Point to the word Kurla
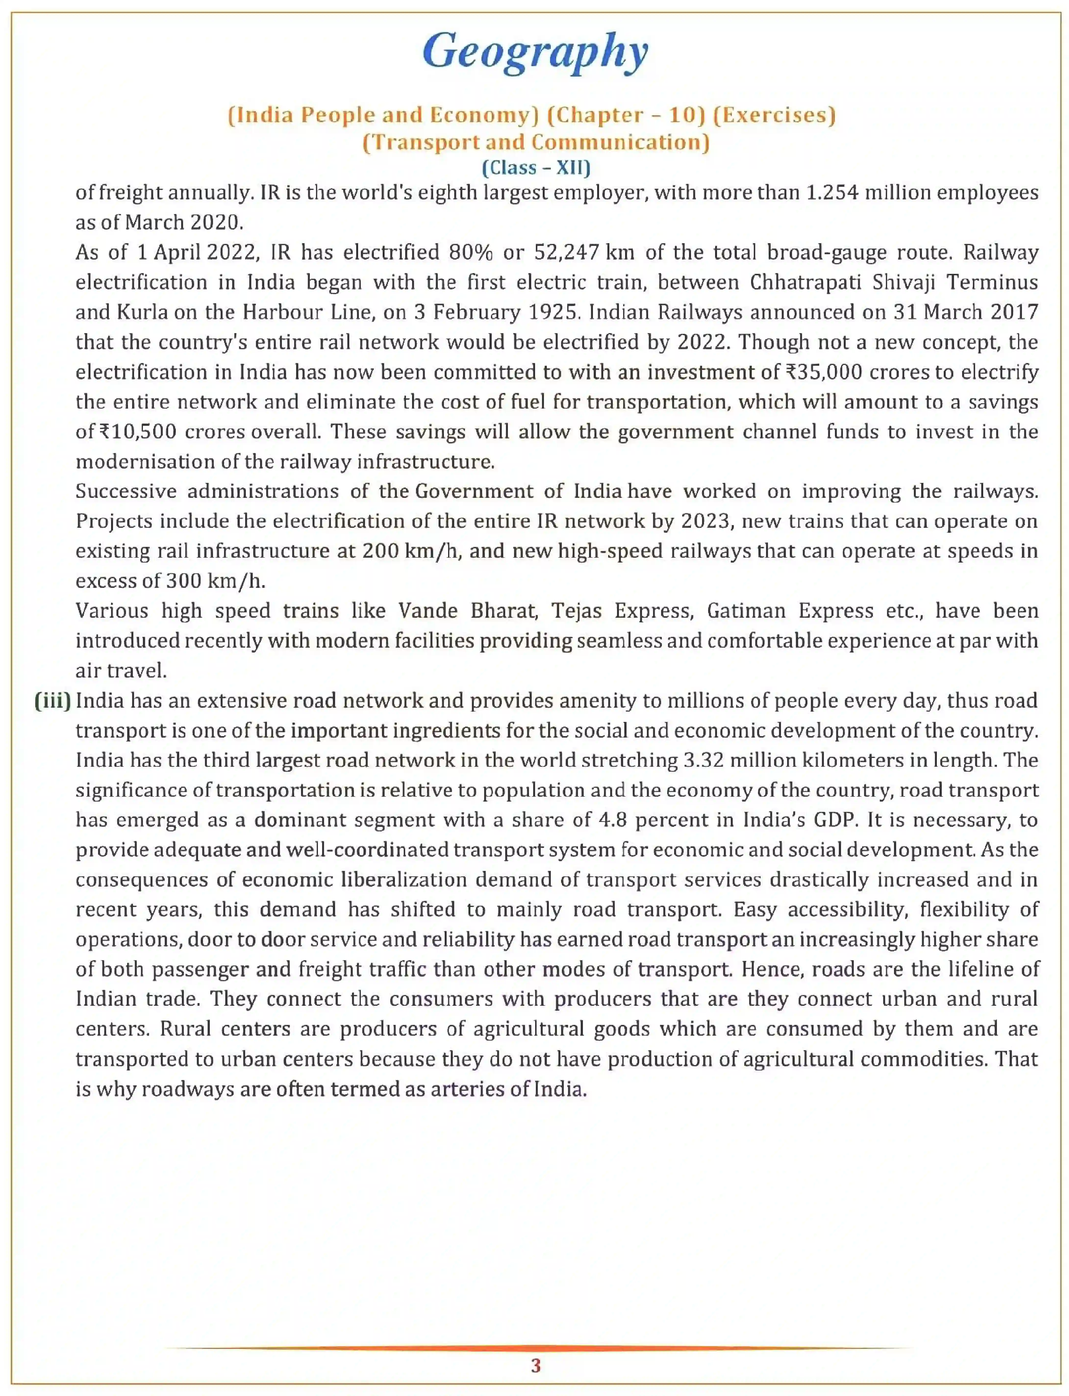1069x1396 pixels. pyautogui.click(x=142, y=312)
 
